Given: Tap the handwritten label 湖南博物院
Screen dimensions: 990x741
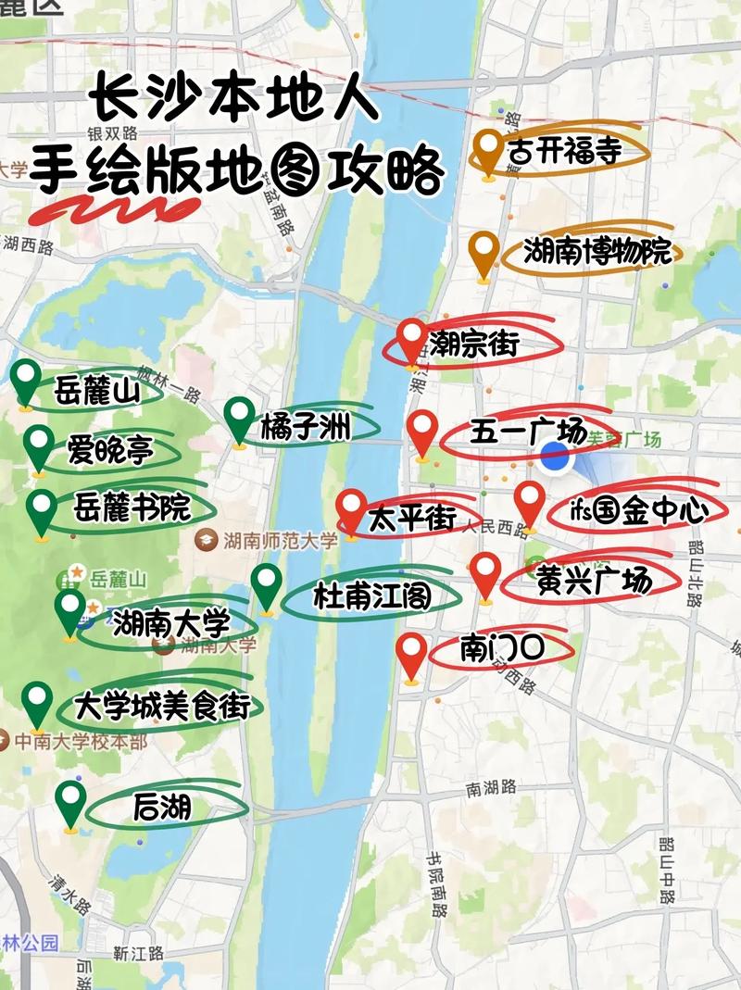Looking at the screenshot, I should (x=597, y=252).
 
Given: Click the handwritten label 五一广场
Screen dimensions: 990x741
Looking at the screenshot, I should (x=527, y=432).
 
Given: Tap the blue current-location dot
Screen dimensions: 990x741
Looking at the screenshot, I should (x=555, y=457).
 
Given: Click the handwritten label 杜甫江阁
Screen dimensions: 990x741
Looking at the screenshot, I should (x=371, y=595).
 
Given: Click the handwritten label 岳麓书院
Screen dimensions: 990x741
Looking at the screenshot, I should (x=132, y=508).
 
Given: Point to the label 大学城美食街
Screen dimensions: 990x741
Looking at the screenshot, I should (x=162, y=707).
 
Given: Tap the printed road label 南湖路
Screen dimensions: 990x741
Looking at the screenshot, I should (x=491, y=788).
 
